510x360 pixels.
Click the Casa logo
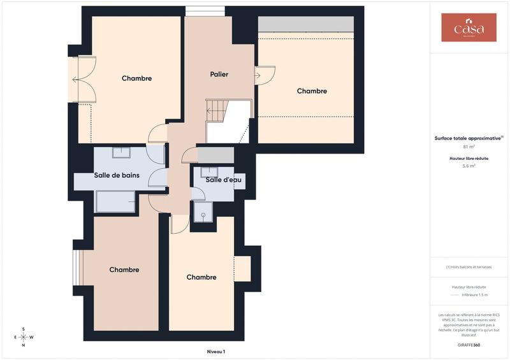point(469,27)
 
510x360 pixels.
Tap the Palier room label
point(219,75)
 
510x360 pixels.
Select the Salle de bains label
point(117,175)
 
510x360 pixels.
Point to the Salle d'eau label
point(223,180)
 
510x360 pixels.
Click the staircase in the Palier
point(226,120)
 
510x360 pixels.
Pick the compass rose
point(24,337)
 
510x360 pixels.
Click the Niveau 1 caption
point(216,351)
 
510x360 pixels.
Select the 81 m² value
point(469,147)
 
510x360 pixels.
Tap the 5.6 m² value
point(469,166)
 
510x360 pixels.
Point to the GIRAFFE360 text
point(469,345)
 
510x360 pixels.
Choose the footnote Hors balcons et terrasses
point(469,267)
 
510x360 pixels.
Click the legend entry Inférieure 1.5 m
point(474,295)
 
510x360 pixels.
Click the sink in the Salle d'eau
point(209,171)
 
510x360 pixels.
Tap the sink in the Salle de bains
point(122,152)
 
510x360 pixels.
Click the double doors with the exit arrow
point(83,80)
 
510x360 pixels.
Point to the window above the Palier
point(205,11)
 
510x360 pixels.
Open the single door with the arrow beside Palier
point(263,76)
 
